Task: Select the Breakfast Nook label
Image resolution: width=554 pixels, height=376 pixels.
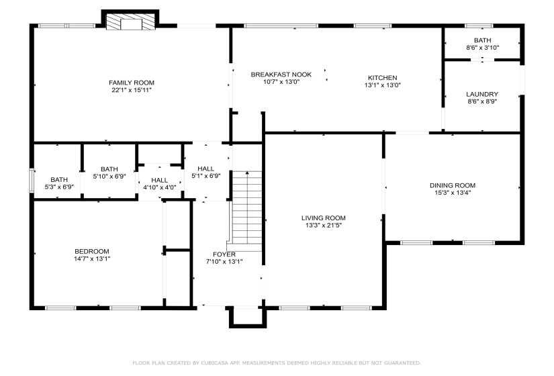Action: click(281, 74)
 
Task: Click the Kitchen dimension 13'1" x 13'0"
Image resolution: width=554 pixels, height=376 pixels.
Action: click(382, 85)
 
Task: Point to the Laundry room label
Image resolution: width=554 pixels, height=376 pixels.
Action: click(482, 94)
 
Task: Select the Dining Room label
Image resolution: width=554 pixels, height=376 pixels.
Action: click(452, 185)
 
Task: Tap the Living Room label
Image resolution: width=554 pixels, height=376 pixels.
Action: click(323, 218)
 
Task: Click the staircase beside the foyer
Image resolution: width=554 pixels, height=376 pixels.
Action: click(246, 208)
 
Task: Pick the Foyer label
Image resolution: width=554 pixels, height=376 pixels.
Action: click(224, 254)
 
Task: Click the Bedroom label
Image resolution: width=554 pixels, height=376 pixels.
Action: click(91, 251)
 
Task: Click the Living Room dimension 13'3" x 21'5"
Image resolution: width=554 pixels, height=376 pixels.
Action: click(323, 226)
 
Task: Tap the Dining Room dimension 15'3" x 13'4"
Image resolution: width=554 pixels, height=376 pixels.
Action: click(452, 193)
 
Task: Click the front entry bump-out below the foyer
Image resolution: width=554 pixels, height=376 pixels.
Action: click(244, 317)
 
